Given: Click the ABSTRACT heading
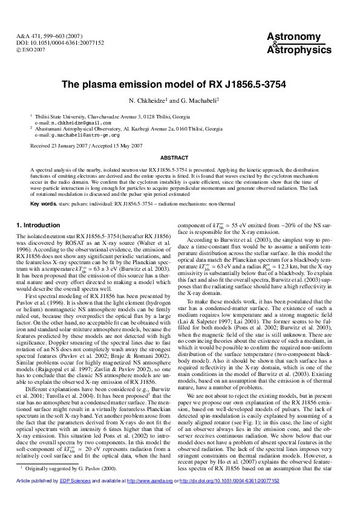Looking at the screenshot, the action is tap(180, 157).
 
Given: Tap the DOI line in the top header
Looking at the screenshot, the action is tap(53, 44).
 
